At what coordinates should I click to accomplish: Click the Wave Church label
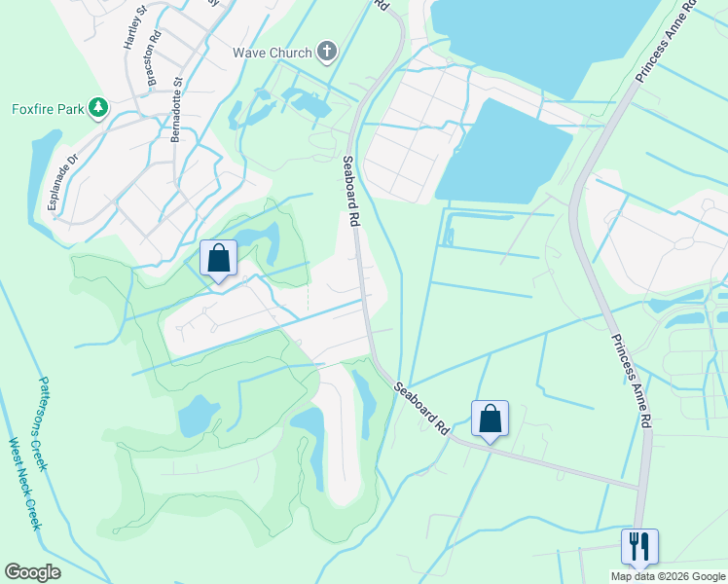click(x=272, y=53)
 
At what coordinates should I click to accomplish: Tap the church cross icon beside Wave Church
click(x=328, y=52)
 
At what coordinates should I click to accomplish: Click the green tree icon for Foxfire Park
click(x=97, y=107)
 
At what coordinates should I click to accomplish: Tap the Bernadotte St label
click(x=177, y=110)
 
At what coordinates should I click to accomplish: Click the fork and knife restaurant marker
click(x=639, y=546)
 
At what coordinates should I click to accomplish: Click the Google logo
click(x=32, y=572)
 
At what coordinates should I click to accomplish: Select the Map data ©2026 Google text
click(x=668, y=576)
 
